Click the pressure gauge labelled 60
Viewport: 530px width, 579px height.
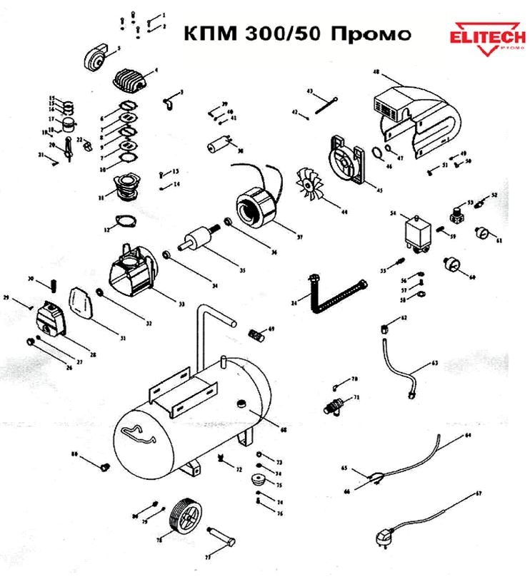tap(451, 265)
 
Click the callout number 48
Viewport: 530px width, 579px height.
tap(376, 72)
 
